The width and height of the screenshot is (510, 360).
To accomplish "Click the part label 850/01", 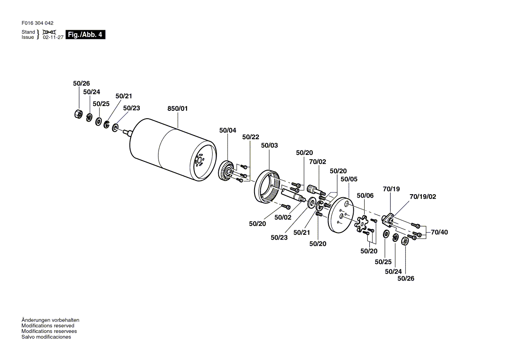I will [x=178, y=109].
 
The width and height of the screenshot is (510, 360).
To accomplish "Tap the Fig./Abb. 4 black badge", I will [x=85, y=35].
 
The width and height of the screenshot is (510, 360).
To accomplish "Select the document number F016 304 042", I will [x=38, y=23].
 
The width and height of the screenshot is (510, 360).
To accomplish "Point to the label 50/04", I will [x=227, y=130].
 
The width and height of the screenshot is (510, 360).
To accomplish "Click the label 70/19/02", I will [x=423, y=196].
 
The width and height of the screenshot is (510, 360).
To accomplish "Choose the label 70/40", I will [x=439, y=232].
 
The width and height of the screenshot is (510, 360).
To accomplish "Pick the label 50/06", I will [x=365, y=195].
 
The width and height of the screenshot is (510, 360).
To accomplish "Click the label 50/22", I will [x=251, y=137].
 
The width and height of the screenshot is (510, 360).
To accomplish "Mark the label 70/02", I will [x=317, y=161].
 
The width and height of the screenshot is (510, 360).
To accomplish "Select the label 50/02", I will [x=283, y=217].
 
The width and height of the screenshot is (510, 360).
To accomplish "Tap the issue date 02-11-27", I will [x=53, y=38].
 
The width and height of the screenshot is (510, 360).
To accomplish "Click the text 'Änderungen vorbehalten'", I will [x=50, y=320].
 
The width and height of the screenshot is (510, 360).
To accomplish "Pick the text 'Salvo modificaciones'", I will [x=46, y=337].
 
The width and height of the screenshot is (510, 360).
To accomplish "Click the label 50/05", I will [x=349, y=179].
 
